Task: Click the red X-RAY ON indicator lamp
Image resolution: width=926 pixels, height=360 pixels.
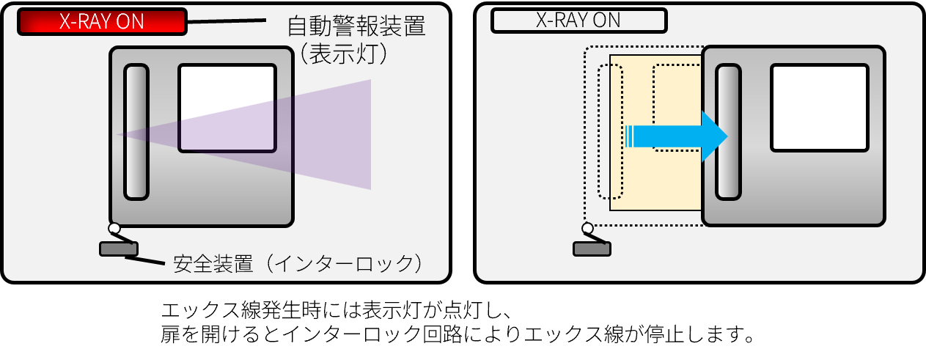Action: click(102, 21)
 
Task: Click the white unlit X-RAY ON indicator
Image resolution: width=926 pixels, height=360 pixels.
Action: click(578, 21)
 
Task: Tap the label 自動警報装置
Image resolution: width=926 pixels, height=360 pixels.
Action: click(356, 26)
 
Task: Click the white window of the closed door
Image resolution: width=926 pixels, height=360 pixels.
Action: click(227, 108)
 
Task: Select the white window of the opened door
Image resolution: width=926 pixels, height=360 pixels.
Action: click(819, 108)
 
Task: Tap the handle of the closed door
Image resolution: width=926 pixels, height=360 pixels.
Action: click(136, 132)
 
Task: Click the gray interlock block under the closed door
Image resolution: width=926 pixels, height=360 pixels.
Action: click(118, 249)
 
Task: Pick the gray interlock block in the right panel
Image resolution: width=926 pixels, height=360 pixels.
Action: click(592, 249)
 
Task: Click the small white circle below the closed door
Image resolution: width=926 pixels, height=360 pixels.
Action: click(114, 228)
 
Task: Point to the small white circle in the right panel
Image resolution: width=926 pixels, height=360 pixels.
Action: click(587, 228)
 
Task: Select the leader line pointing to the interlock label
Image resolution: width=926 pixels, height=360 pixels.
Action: click(150, 260)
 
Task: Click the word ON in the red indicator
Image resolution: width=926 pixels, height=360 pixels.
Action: click(131, 21)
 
